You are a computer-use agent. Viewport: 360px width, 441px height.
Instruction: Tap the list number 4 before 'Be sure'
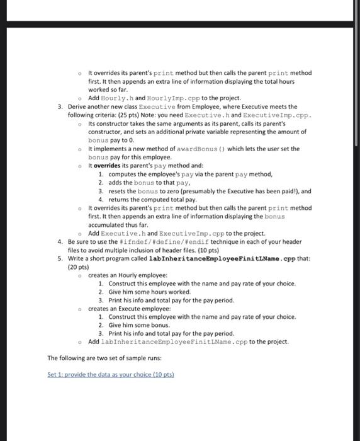(x=59, y=242)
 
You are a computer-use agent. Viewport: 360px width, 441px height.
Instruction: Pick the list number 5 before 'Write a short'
(x=59, y=258)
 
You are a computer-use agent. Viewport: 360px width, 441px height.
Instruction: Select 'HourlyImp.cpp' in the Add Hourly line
(x=160, y=98)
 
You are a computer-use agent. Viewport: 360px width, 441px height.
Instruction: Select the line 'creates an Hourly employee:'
(x=128, y=275)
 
